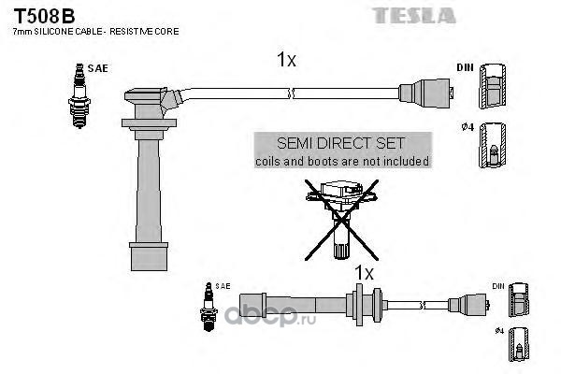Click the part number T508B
44,17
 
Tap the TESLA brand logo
414,16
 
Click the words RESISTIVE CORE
144,32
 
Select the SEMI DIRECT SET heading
340,143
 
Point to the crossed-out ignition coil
341,220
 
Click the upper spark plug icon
79,95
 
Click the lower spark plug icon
209,307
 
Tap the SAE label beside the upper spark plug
97,68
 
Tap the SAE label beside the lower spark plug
223,286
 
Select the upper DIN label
465,67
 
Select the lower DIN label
498,286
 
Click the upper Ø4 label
467,127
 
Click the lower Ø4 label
499,331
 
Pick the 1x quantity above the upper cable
287,60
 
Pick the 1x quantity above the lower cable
364,273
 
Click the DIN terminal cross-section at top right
493,86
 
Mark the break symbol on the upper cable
291,93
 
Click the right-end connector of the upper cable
426,93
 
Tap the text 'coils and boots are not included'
342,162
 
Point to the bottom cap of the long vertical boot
149,256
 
